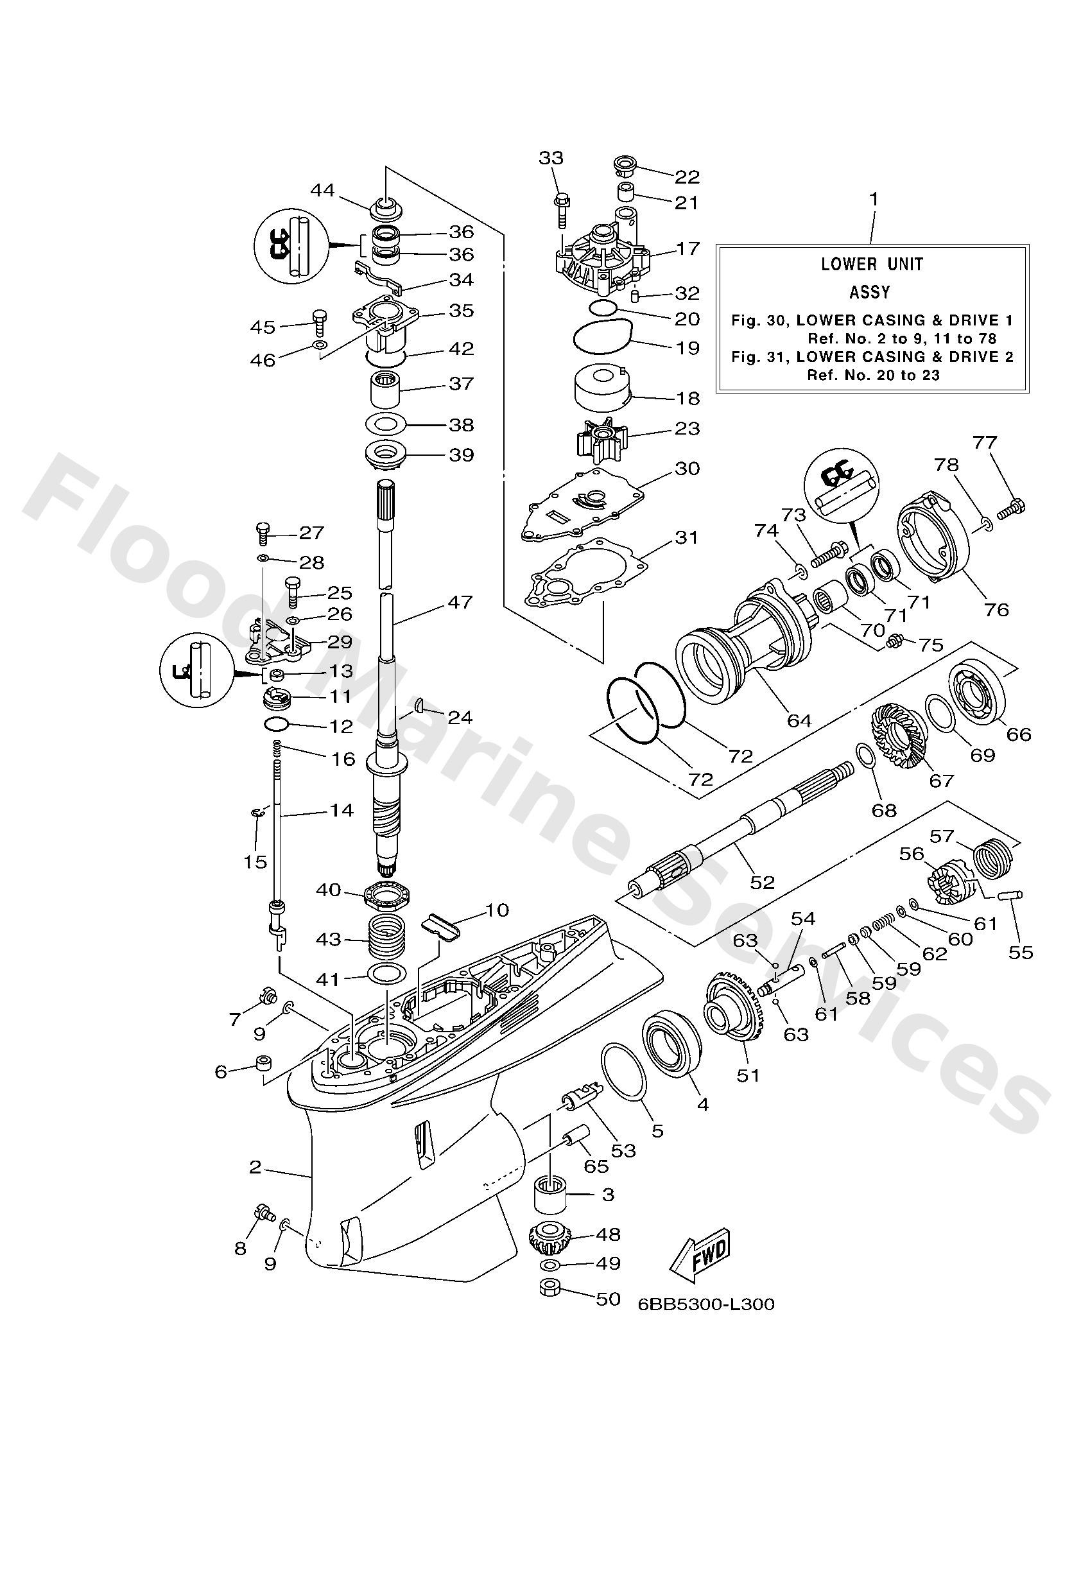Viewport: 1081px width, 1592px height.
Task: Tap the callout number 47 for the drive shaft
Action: (460, 602)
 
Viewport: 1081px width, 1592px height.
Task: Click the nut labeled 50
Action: (552, 1288)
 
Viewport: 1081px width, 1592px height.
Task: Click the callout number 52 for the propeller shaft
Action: (762, 882)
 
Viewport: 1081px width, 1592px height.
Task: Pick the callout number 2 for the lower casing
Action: (255, 1166)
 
